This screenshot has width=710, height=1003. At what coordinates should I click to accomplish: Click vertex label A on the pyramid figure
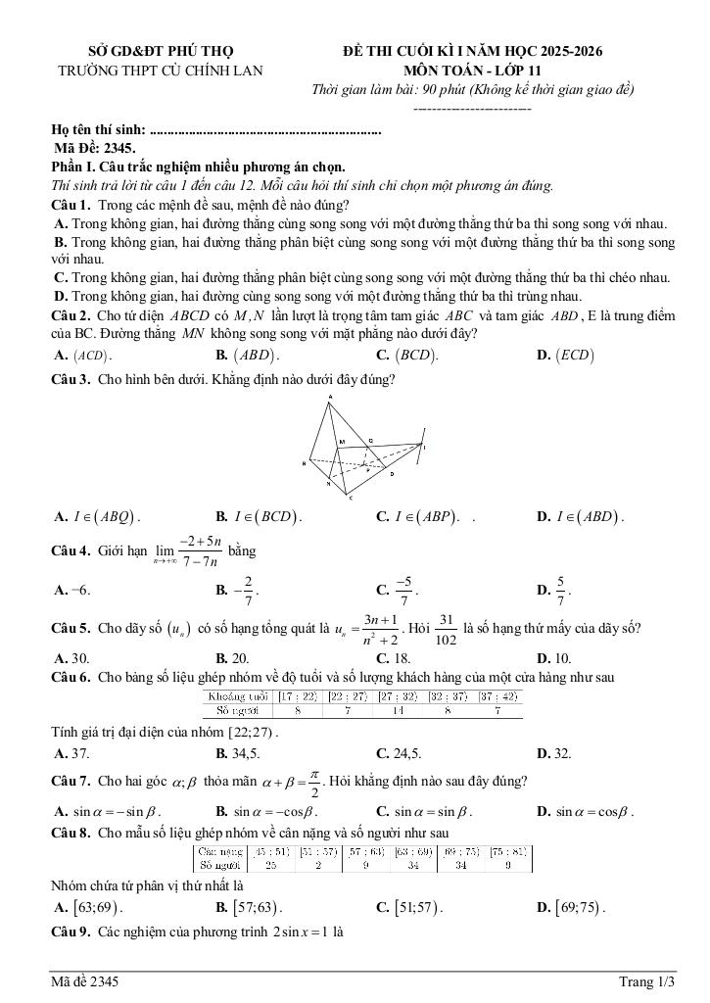330,397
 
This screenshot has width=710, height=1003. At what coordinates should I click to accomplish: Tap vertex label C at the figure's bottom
351,499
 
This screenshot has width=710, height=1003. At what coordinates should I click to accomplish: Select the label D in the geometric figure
391,474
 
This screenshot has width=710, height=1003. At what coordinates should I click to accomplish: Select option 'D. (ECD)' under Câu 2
565,356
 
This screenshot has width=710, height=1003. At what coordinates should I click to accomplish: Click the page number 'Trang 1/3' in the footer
647,981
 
